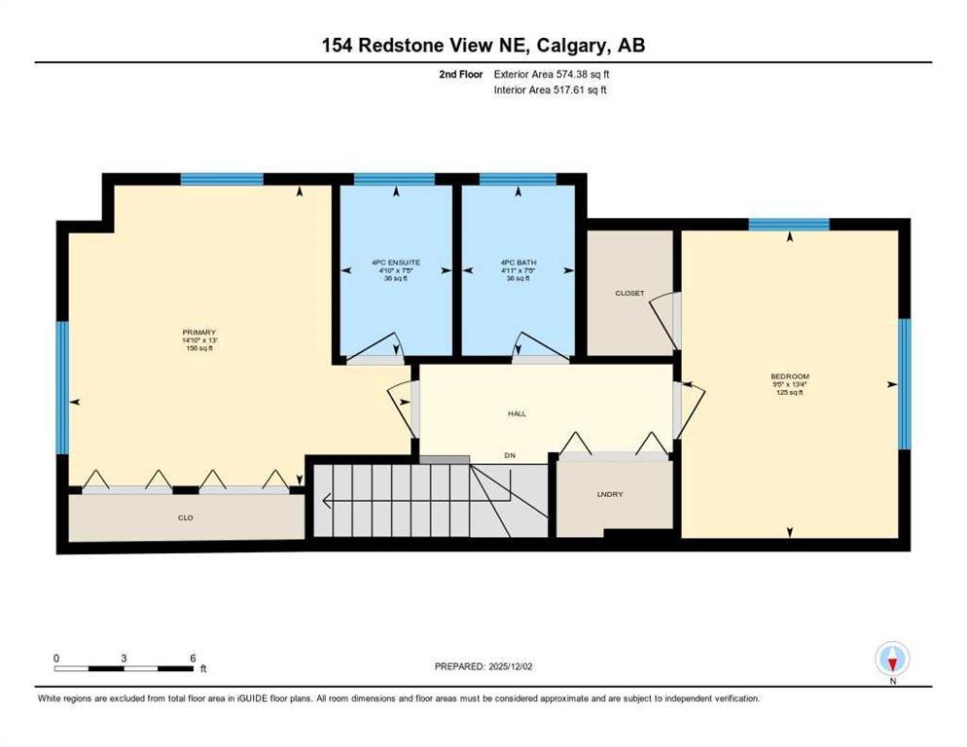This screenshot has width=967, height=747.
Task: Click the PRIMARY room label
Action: [x=197, y=332]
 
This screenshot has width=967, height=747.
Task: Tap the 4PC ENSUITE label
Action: [x=394, y=263]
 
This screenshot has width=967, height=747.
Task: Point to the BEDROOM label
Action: [x=789, y=376]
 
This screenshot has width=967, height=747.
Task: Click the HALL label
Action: [x=517, y=413]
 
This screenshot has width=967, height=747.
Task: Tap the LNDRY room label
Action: [x=610, y=495]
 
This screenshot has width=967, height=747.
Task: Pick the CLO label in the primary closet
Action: [x=185, y=517]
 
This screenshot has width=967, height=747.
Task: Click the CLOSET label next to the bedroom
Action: [x=629, y=293]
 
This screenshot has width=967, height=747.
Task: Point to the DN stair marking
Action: [x=509, y=455]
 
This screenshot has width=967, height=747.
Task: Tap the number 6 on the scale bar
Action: [x=193, y=658]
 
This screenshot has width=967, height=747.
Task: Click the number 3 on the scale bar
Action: [x=125, y=658]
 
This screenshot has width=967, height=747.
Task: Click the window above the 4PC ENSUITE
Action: [x=394, y=179]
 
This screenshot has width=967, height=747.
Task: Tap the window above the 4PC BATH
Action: [x=518, y=179]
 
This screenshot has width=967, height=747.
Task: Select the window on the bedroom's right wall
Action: [x=904, y=384]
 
